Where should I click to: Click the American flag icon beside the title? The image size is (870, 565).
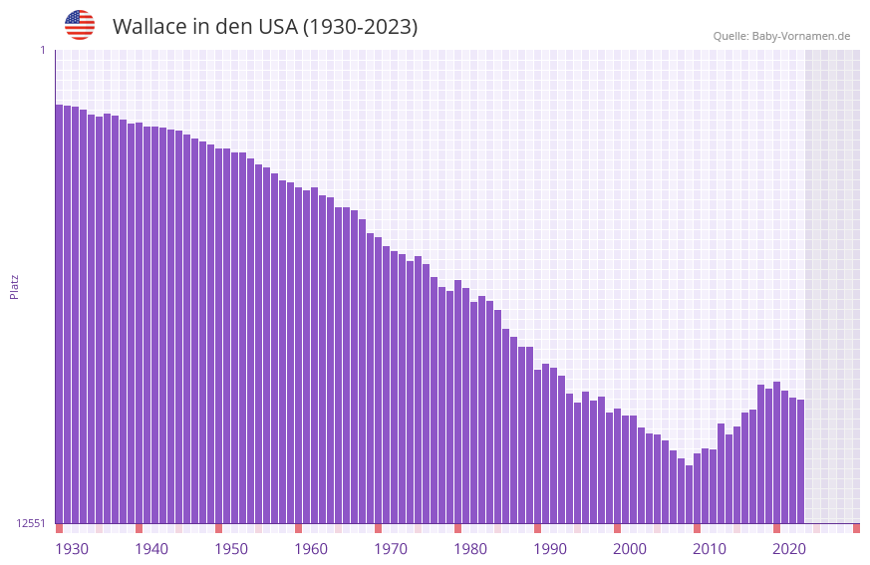click(80, 25)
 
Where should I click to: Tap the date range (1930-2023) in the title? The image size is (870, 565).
click(360, 27)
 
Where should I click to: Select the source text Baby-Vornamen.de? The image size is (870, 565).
click(800, 37)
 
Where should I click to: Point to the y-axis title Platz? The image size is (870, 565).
click(14, 287)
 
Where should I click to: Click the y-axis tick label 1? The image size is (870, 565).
click(42, 50)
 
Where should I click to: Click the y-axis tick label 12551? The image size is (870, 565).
click(31, 523)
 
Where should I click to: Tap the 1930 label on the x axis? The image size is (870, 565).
click(72, 549)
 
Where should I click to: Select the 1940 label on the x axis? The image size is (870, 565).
click(151, 549)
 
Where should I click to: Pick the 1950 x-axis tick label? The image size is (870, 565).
click(231, 549)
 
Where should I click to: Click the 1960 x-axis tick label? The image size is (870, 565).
click(311, 549)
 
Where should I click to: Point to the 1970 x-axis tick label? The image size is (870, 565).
click(391, 549)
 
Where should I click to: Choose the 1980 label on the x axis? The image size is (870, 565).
click(470, 549)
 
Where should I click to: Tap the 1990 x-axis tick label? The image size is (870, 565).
click(550, 549)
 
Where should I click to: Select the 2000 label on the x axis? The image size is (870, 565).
click(630, 549)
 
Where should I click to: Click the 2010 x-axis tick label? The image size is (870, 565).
click(710, 549)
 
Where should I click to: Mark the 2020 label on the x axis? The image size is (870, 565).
click(789, 549)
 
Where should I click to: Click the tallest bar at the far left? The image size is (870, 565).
click(59, 314)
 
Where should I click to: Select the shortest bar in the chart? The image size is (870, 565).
click(689, 494)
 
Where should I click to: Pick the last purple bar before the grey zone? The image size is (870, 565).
click(800, 461)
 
